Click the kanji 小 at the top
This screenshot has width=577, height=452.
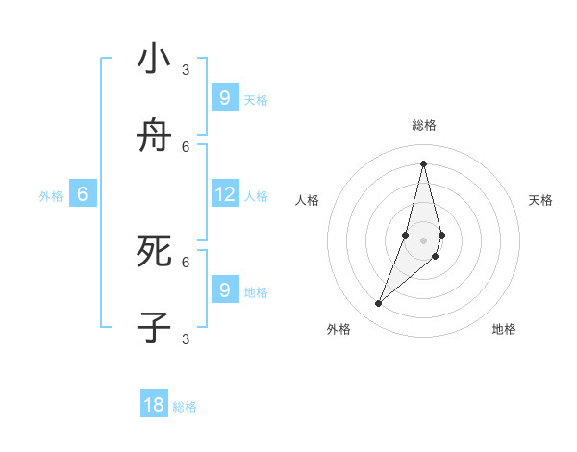click(x=154, y=60)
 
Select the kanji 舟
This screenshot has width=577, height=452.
click(x=154, y=138)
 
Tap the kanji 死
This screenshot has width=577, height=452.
click(x=154, y=251)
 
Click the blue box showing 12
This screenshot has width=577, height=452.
click(x=225, y=194)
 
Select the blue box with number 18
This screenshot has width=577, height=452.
click(x=154, y=405)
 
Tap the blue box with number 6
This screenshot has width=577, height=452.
click(x=83, y=194)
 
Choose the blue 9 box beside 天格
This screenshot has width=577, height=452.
click(x=225, y=97)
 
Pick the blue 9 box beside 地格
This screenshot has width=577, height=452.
click(x=225, y=289)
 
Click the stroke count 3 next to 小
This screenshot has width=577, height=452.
click(x=186, y=69)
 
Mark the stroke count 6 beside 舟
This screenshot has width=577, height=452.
click(x=186, y=146)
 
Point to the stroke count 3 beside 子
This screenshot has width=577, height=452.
click(x=186, y=339)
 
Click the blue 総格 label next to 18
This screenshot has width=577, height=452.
click(x=185, y=407)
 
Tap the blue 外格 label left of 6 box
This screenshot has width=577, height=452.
click(x=51, y=196)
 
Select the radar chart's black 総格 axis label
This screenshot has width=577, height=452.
click(x=424, y=125)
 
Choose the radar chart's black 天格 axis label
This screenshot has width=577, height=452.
click(x=540, y=200)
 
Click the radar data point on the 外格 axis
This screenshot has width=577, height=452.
click(x=379, y=304)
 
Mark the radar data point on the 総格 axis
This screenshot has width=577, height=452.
click(x=423, y=163)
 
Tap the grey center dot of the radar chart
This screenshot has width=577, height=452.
click(x=423, y=240)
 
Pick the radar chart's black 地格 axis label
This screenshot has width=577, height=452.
click(x=504, y=329)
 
